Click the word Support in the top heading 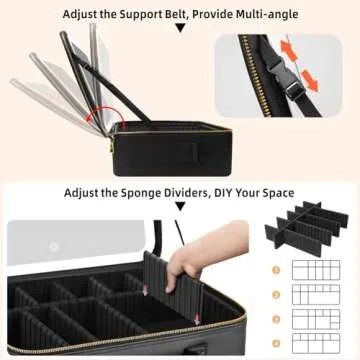(x=138, y=15)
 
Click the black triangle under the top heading (x=179, y=30)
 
